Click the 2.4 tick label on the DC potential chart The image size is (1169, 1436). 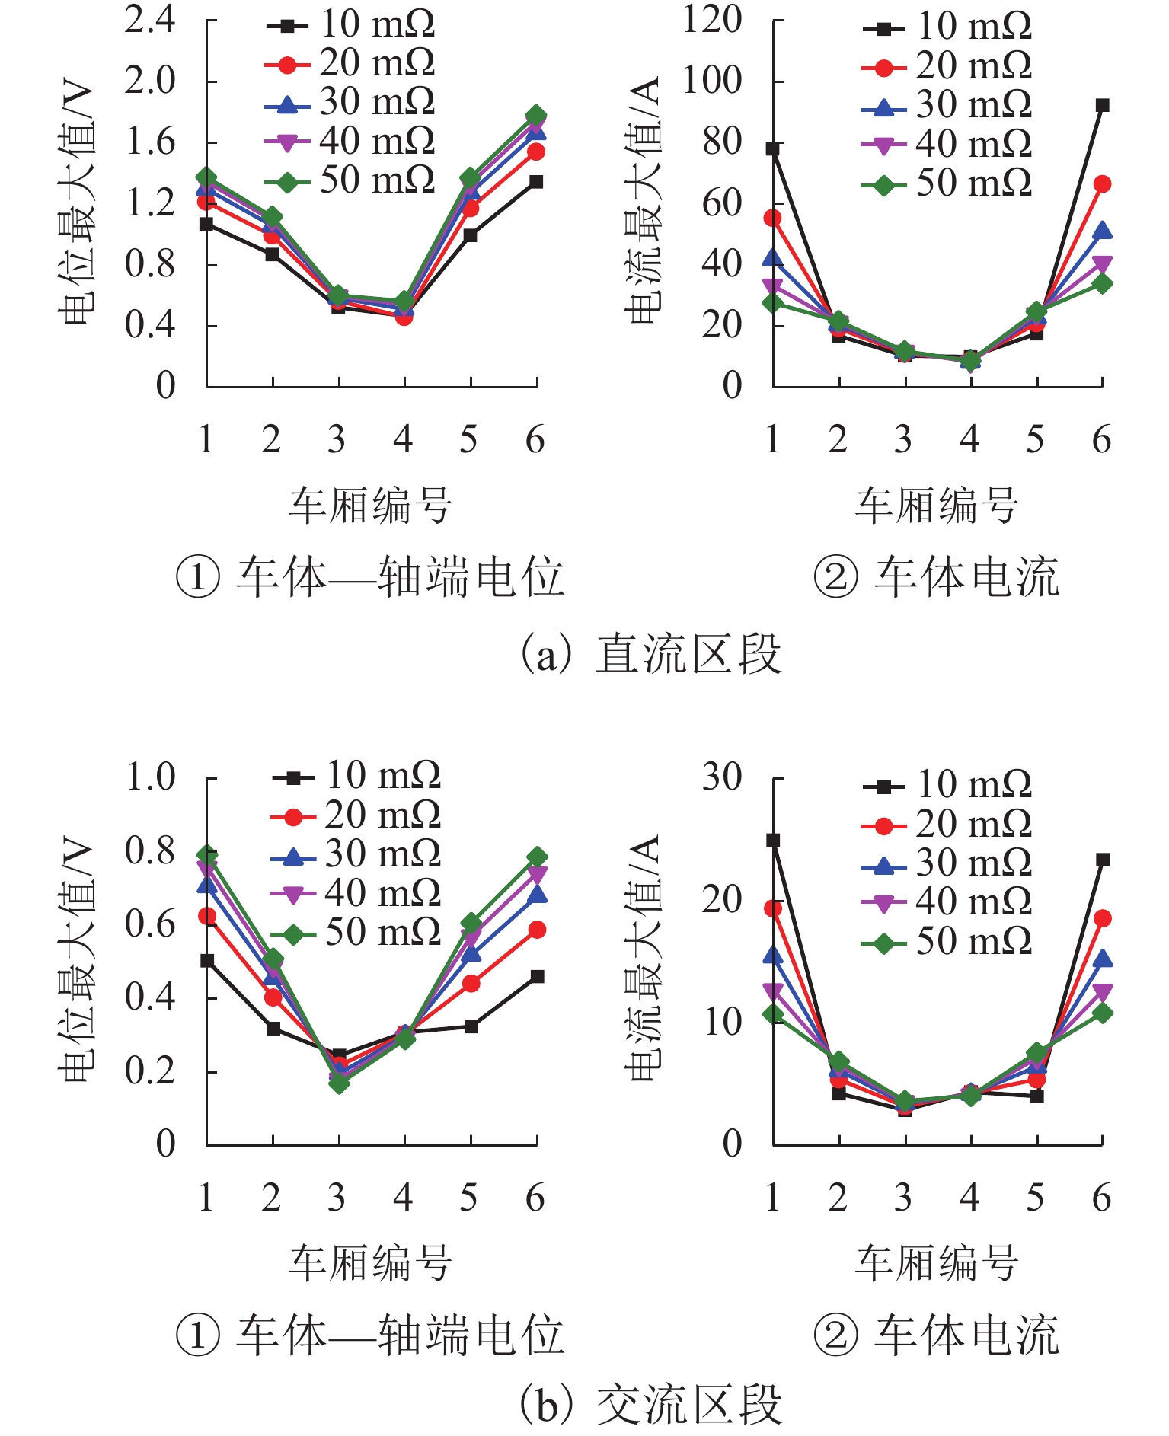[149, 20]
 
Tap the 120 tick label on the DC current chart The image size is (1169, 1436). [711, 20]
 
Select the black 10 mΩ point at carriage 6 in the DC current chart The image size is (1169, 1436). [1102, 105]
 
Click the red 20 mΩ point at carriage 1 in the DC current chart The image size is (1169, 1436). [773, 219]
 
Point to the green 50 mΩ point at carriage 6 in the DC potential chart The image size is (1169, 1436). [536, 116]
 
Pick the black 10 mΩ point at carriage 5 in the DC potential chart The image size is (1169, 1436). [471, 235]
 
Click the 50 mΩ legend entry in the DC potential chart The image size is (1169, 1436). [350, 181]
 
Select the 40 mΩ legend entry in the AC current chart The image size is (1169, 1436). [947, 902]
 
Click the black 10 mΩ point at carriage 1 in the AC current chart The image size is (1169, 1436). [773, 841]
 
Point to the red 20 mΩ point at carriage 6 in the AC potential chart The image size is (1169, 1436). [537, 930]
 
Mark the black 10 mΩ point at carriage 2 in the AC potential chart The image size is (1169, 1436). [273, 1029]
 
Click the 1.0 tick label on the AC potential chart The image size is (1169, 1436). [150, 777]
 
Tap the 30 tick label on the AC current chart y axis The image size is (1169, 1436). [721, 777]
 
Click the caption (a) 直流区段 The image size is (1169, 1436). [651, 654]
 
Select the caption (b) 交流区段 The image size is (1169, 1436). [651, 1405]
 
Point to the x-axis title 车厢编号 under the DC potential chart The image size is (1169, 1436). [370, 505]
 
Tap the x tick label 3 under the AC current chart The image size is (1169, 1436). [904, 1198]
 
